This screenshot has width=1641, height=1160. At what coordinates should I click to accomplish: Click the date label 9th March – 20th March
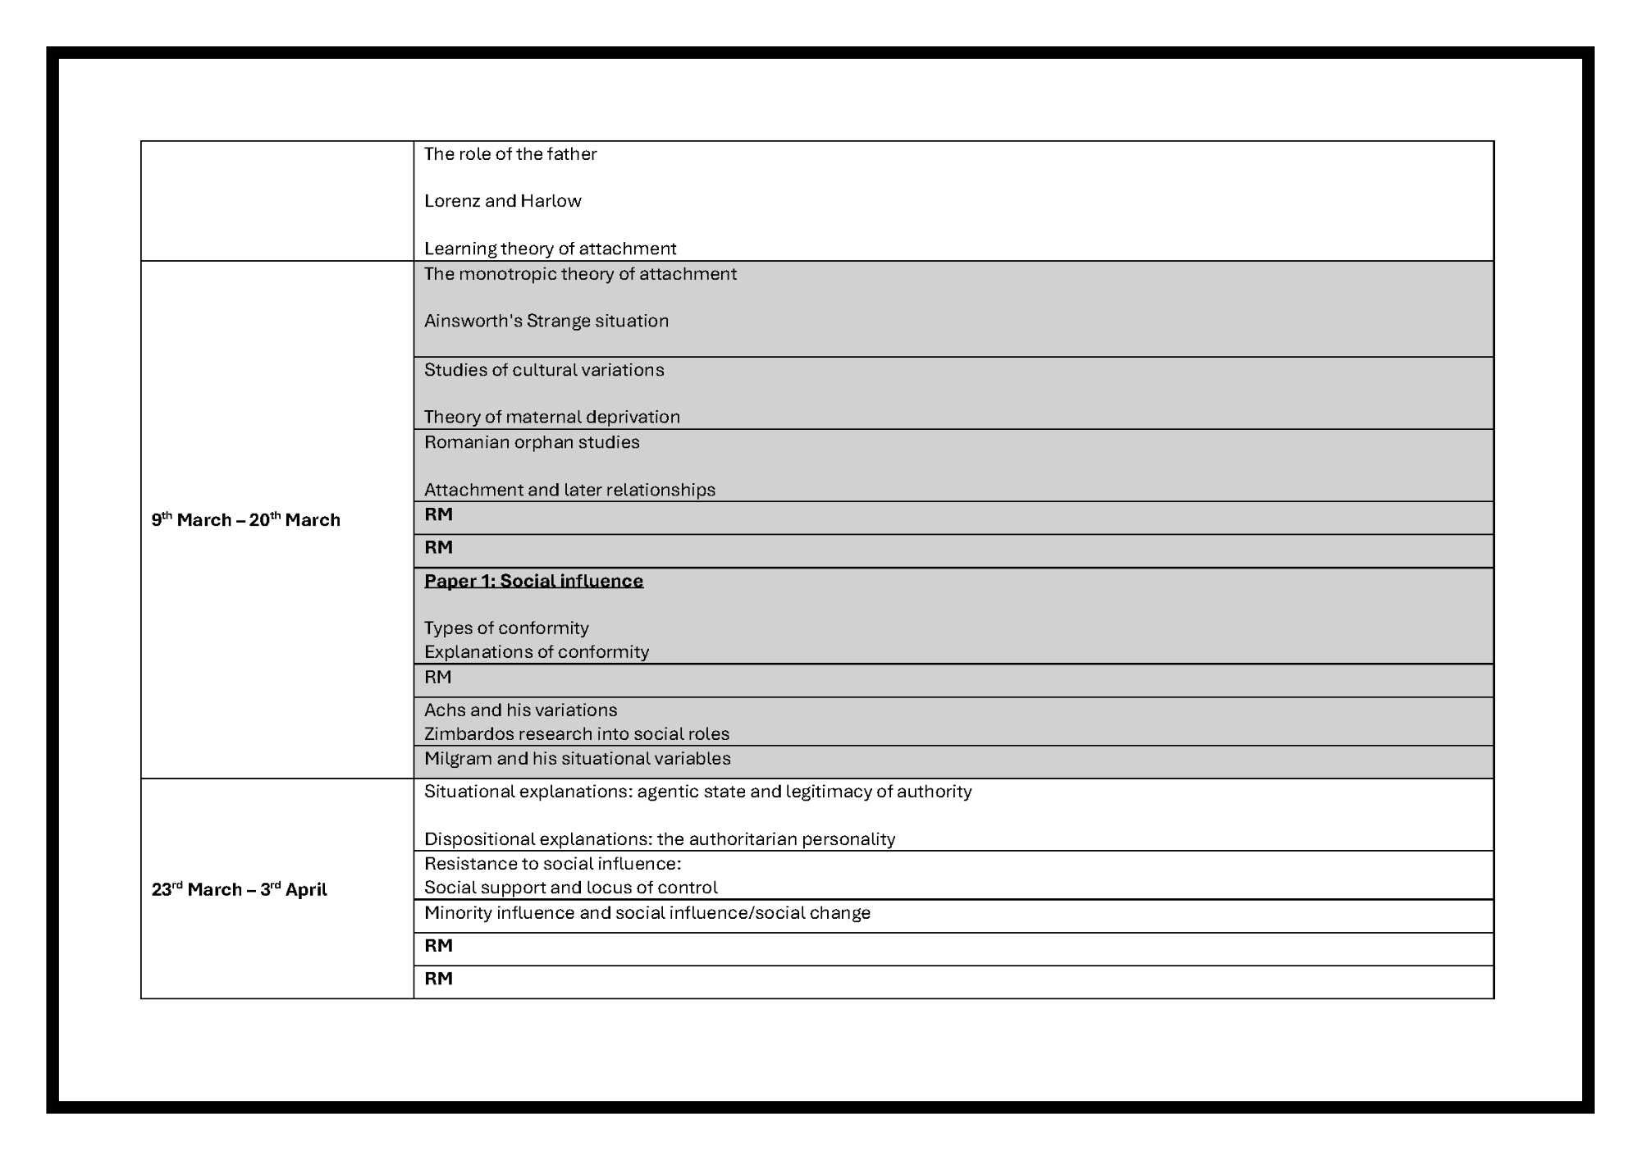click(x=245, y=520)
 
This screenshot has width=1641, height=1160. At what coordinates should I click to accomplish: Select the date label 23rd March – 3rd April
click(x=239, y=890)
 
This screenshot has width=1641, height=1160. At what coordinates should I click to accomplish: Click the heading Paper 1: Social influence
click(x=533, y=581)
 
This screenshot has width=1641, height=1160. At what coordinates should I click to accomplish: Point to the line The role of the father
click(x=510, y=154)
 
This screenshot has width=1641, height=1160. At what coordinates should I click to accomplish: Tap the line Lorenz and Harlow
click(x=502, y=201)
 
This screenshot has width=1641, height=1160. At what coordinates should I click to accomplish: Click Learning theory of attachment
click(x=550, y=249)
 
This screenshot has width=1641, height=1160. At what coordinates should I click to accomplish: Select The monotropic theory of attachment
click(x=580, y=274)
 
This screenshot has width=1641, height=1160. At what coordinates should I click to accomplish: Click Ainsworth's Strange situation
click(x=546, y=321)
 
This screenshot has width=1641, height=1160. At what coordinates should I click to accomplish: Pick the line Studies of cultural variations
click(x=544, y=370)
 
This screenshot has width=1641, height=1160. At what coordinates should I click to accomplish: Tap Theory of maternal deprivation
click(x=551, y=417)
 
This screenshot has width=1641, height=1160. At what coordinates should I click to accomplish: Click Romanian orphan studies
click(x=532, y=442)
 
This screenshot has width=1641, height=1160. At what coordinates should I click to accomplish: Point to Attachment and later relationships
click(x=569, y=490)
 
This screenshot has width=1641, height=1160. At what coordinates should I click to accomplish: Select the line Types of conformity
click(x=506, y=628)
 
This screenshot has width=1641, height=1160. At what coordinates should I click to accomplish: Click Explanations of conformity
click(x=537, y=652)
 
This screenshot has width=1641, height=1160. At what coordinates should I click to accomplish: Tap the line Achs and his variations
click(x=520, y=710)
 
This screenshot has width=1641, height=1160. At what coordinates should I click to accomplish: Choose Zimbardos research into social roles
click(x=576, y=734)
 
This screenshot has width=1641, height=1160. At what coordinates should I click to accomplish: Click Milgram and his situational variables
click(x=577, y=759)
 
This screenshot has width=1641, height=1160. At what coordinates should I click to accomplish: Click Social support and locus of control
click(x=570, y=888)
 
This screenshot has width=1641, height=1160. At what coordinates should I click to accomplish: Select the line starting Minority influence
click(x=647, y=913)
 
